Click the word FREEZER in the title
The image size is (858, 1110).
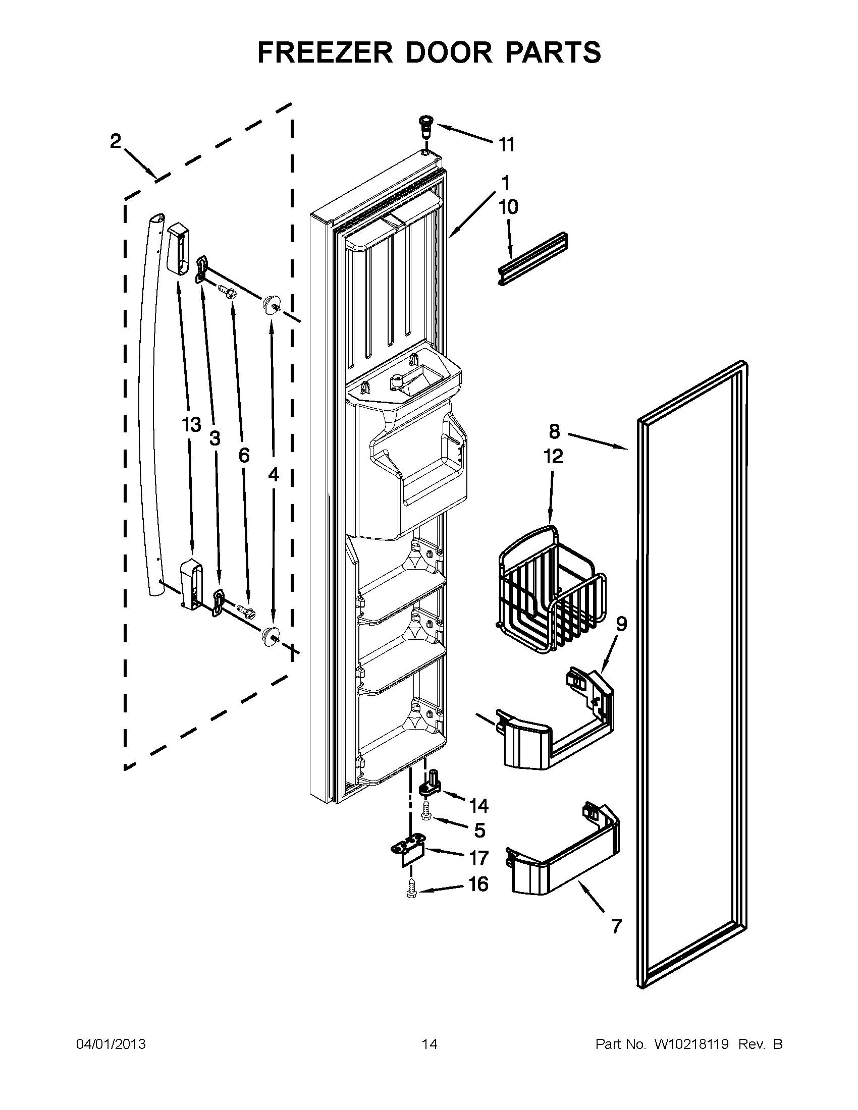(326, 52)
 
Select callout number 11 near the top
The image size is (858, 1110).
(506, 145)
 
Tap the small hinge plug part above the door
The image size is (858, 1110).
(423, 125)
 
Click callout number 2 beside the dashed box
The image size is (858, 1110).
(116, 141)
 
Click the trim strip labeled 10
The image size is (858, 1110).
(533, 260)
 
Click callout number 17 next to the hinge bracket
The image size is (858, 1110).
(478, 858)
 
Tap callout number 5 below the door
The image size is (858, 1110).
(479, 830)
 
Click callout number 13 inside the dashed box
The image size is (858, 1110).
(192, 424)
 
